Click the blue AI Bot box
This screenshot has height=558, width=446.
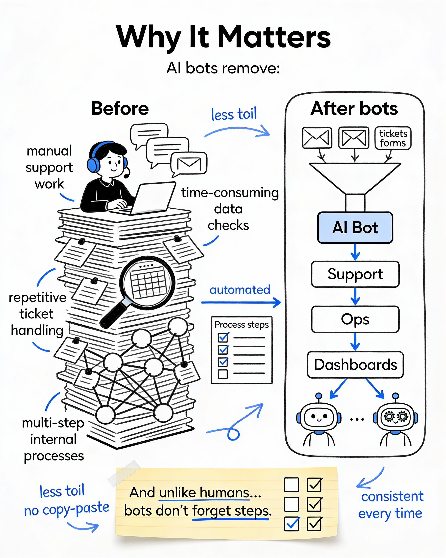click(355, 227)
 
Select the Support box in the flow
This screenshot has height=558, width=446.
click(355, 274)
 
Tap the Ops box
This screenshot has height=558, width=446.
click(355, 319)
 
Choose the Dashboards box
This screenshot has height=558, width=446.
click(355, 365)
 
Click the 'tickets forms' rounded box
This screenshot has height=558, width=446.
click(393, 138)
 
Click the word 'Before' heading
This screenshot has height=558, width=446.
click(120, 108)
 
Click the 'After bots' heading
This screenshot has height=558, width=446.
click(354, 108)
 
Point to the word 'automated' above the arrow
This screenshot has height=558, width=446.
click(240, 290)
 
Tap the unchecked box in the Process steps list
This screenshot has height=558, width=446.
click(223, 374)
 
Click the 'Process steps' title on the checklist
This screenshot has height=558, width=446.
click(241, 325)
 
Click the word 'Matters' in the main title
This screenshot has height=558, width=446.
click(274, 37)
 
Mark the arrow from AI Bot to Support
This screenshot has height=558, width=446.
click(355, 252)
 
